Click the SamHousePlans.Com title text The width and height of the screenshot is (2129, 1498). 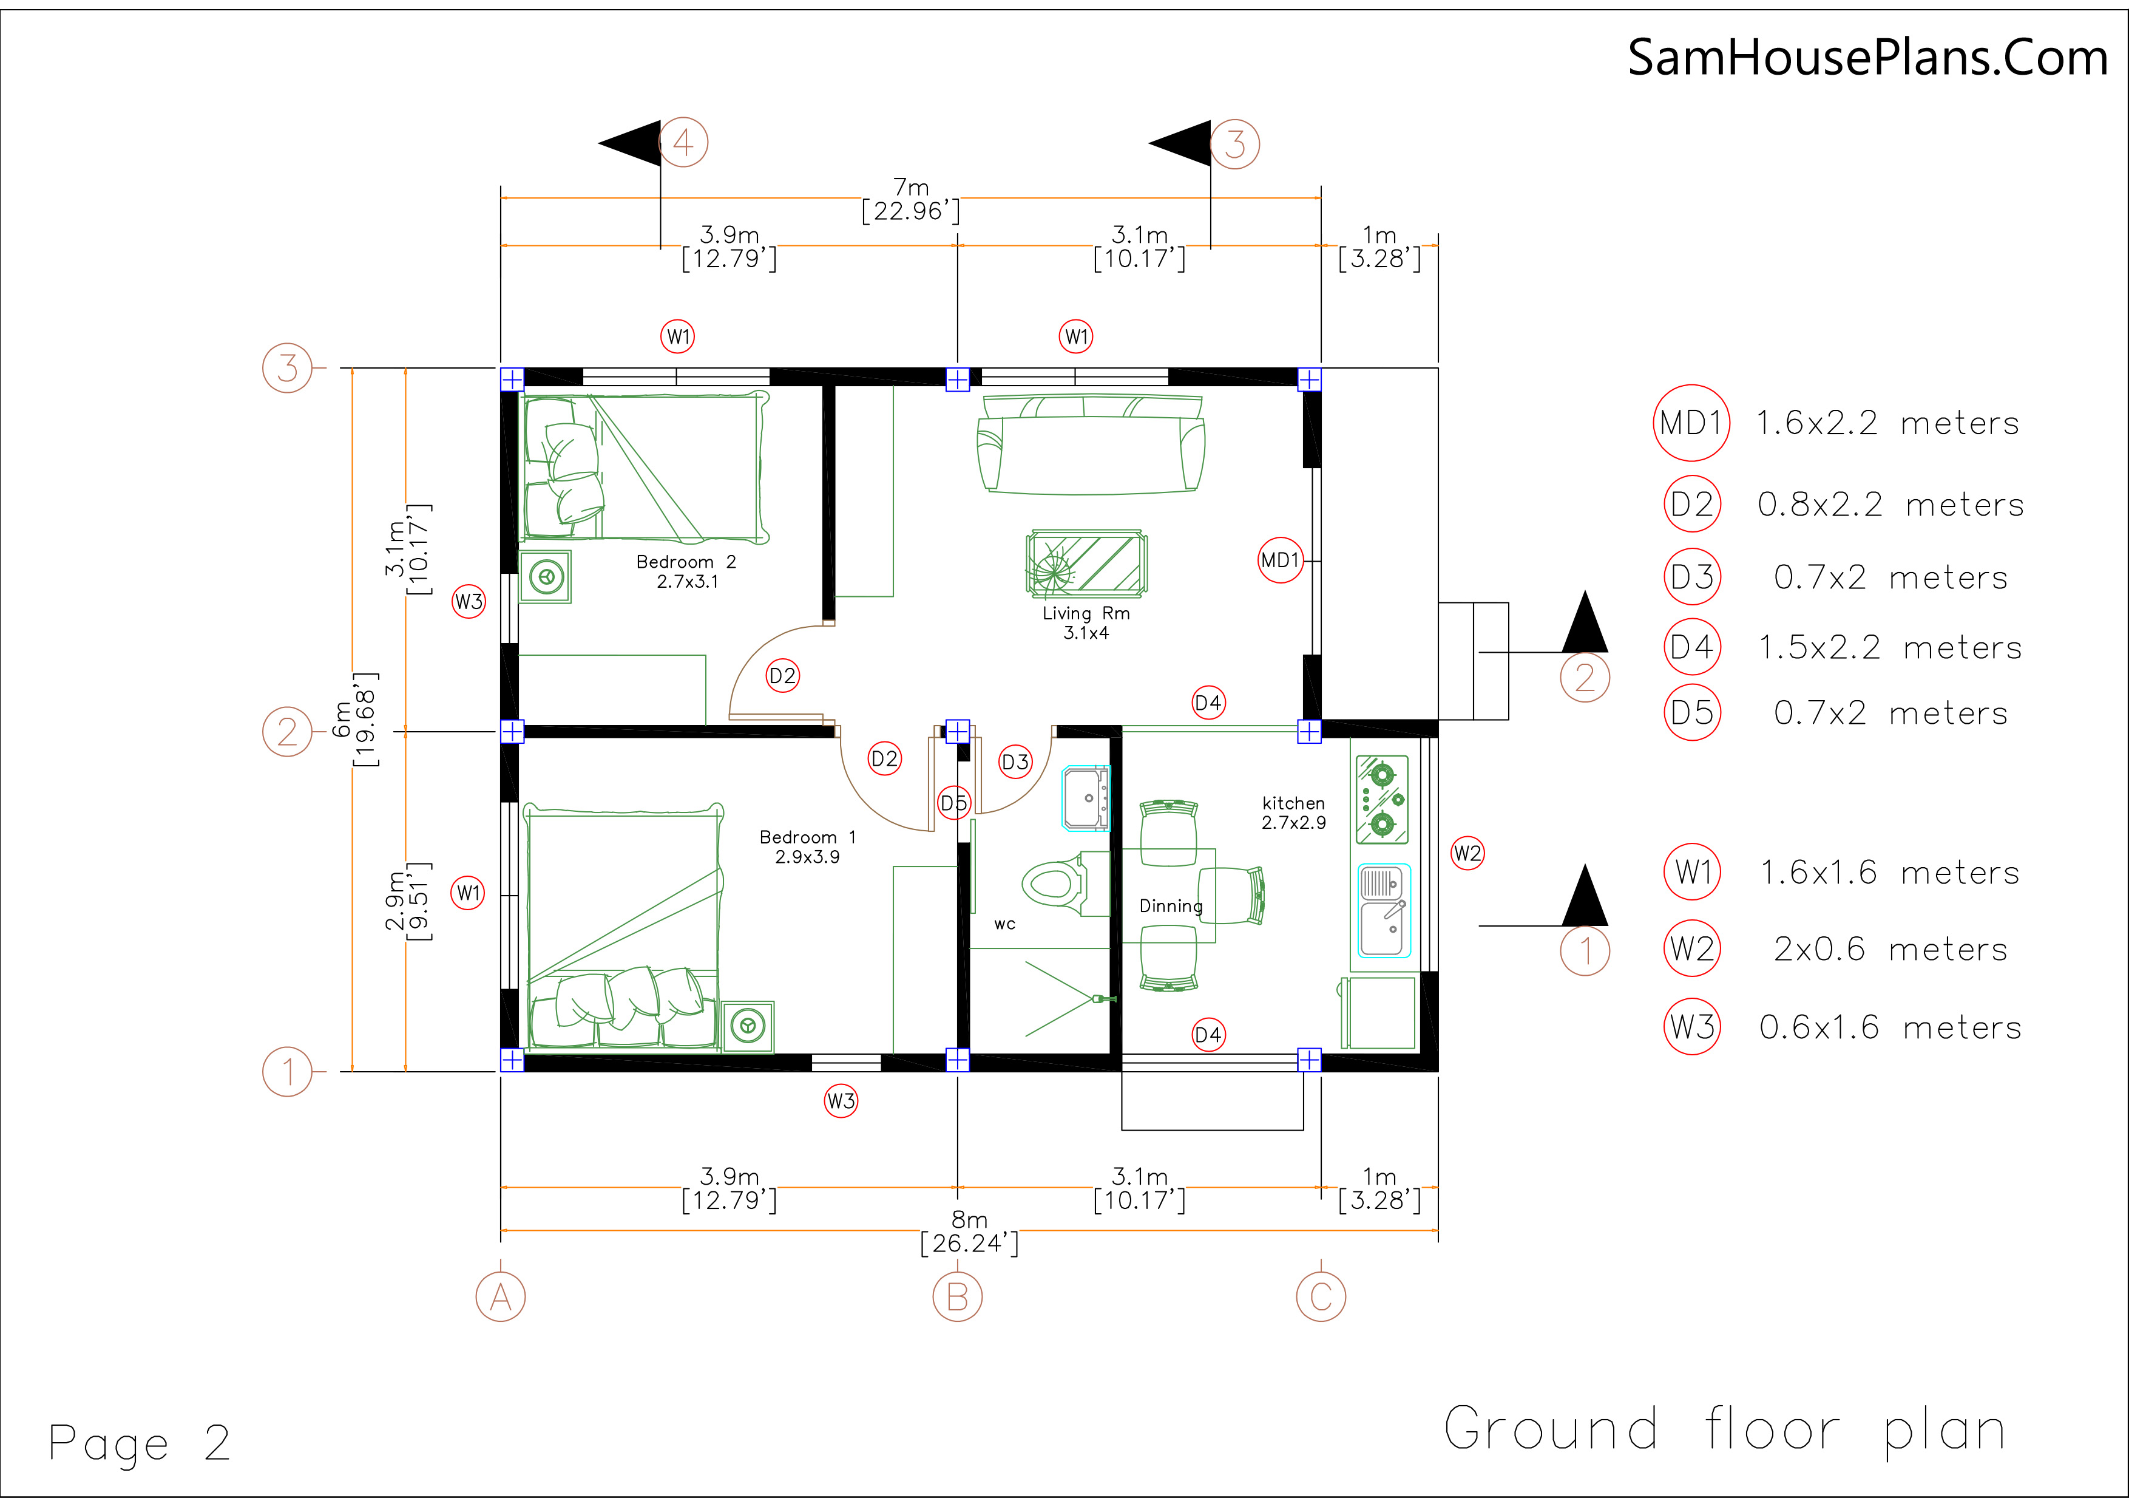[1867, 58]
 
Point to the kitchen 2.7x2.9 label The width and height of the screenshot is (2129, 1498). [1293, 812]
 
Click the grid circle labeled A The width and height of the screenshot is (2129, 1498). [501, 1297]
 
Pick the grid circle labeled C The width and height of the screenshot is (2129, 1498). [1321, 1297]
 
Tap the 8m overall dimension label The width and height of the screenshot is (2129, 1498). [969, 1231]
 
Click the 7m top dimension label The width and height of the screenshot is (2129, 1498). [910, 199]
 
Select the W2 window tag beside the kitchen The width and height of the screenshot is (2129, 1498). [1467, 853]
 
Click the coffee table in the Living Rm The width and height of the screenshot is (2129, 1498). [1087, 562]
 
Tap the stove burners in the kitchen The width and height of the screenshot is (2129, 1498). [1382, 798]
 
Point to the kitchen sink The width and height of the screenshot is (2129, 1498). [1384, 910]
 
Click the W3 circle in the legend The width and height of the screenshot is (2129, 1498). [1692, 1027]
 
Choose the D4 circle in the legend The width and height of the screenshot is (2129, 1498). [1692, 647]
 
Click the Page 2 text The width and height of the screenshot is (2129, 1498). [139, 1443]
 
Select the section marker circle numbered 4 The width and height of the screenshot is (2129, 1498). [683, 143]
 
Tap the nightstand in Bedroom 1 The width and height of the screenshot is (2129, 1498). [747, 1026]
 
